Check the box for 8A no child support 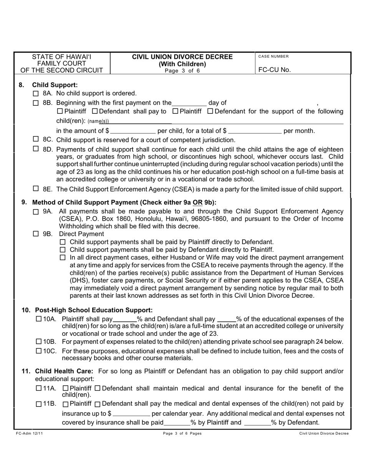pyautogui.click(x=36, y=93)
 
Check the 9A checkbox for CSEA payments pyautogui.click(x=36, y=212)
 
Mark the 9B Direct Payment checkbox pyautogui.click(x=36, y=233)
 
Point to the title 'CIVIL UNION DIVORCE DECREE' pyautogui.click(x=182, y=57)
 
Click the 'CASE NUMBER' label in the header pyautogui.click(x=273, y=57)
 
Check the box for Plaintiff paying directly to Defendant pyautogui.click(x=64, y=242)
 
